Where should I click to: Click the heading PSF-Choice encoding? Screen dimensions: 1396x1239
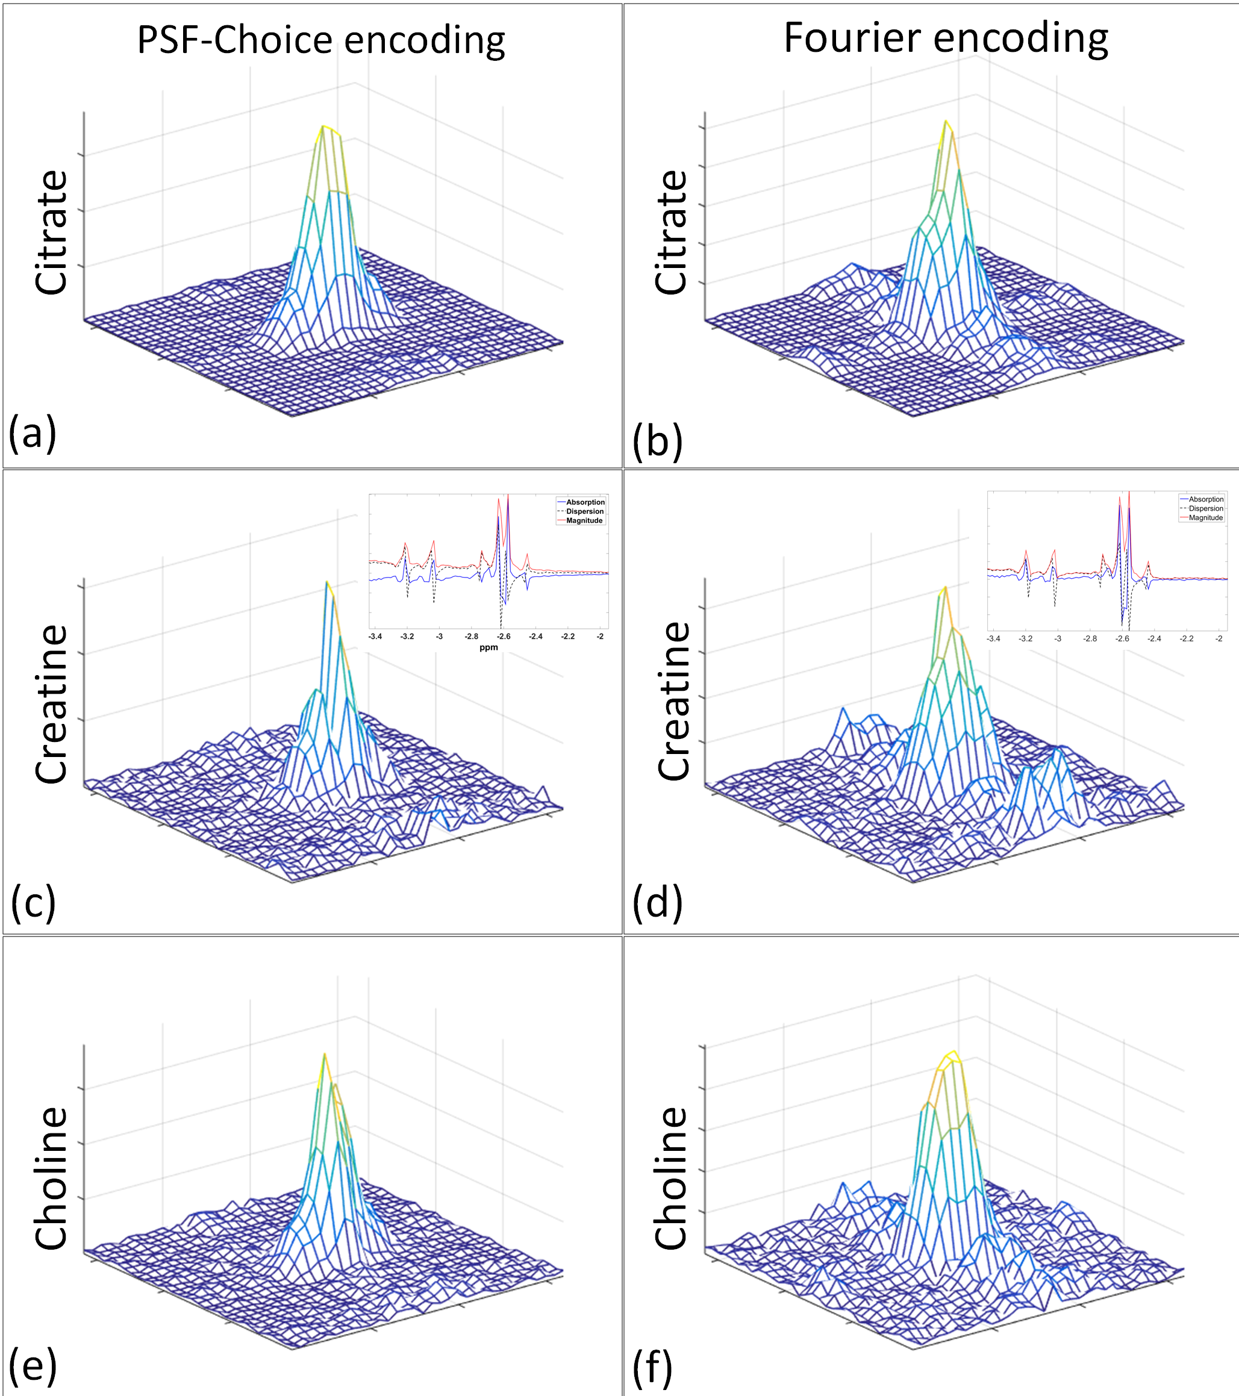tap(321, 40)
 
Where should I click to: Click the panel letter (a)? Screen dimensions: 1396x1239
tap(32, 432)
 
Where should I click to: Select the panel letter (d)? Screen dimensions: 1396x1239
tap(657, 902)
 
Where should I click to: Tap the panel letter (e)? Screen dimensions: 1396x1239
tap(32, 1365)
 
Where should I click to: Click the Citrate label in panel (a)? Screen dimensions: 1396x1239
tap(51, 232)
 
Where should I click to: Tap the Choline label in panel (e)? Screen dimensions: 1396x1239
tap(51, 1179)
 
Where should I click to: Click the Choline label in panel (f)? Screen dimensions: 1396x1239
tap(671, 1179)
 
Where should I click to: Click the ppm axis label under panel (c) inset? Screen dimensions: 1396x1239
tap(488, 647)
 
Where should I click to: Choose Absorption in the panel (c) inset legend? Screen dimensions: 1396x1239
tap(585, 502)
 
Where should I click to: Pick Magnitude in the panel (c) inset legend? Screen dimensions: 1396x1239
tap(584, 520)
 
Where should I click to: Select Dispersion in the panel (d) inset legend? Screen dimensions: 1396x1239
tap(1205, 508)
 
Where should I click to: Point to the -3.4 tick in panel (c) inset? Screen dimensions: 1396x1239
tap(375, 637)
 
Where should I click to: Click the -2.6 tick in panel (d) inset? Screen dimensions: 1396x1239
tap(1122, 638)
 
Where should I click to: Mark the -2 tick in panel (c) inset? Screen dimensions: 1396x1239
tap(600, 637)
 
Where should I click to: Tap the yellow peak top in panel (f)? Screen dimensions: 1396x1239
tap(953, 1053)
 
